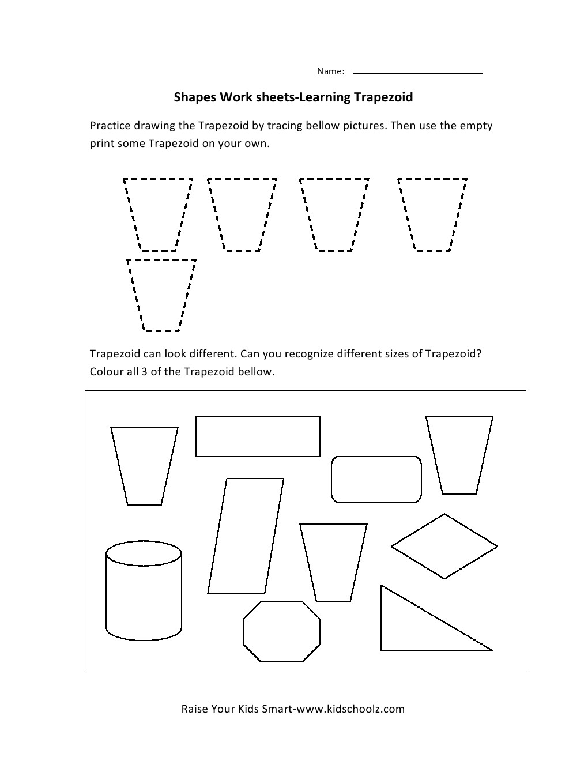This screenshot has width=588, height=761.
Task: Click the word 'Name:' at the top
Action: point(330,71)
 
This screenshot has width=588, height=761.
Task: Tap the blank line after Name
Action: point(417,73)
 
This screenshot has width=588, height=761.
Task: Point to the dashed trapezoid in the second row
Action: point(161,295)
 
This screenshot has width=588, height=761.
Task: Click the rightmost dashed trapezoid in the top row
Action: point(432,214)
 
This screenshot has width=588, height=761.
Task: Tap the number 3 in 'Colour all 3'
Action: point(144,371)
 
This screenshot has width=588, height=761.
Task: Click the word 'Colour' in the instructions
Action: point(107,371)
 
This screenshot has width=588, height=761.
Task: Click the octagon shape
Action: point(281,632)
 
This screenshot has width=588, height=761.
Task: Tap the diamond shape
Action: point(444,546)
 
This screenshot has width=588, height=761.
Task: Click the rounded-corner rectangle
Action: point(376,479)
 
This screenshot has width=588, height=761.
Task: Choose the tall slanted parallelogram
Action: point(246,536)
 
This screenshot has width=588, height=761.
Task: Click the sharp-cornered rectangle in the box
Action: point(258,436)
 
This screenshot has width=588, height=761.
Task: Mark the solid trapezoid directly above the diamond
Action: point(459,455)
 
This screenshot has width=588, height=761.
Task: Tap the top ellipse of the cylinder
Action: point(144,554)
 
